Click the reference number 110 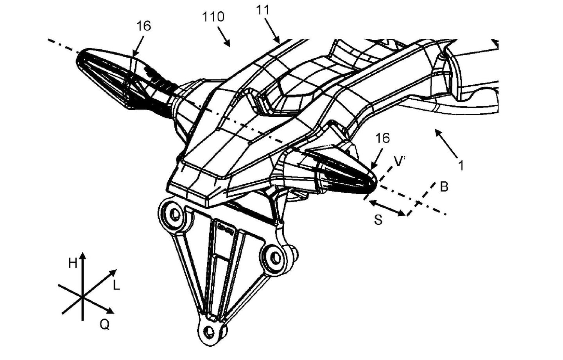pyautogui.click(x=213, y=17)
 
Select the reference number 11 pyautogui.click(x=263, y=10)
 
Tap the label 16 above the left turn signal pyautogui.click(x=143, y=26)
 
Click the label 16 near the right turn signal pyautogui.click(x=382, y=138)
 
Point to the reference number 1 pyautogui.click(x=461, y=166)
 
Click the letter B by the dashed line pyautogui.click(x=444, y=187)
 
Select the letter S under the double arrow pyautogui.click(x=378, y=220)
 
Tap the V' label pyautogui.click(x=399, y=161)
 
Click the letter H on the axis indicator pyautogui.click(x=73, y=263)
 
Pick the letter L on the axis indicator pyautogui.click(x=116, y=286)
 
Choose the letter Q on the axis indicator pyautogui.click(x=104, y=324)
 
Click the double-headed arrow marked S pyautogui.click(x=387, y=208)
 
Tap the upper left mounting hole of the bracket pyautogui.click(x=174, y=214)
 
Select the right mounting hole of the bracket pyautogui.click(x=276, y=257)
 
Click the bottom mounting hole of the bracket pyautogui.click(x=210, y=331)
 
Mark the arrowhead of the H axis pyautogui.click(x=82, y=256)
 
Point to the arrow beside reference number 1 pyautogui.click(x=445, y=143)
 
